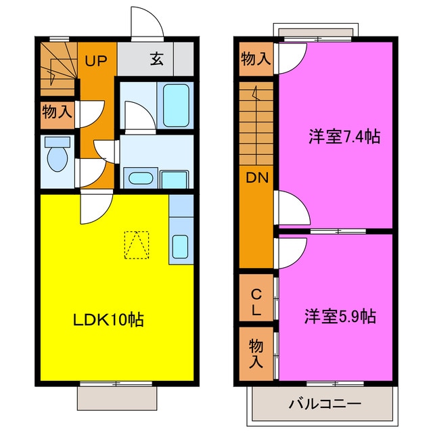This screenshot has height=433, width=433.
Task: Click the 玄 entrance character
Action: (x=156, y=60)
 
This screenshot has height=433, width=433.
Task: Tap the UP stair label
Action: (x=97, y=60)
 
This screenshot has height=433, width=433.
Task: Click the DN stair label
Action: (x=256, y=178)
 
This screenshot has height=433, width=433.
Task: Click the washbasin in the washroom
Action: (x=140, y=179)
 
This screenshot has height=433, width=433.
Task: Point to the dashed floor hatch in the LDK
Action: (x=137, y=244)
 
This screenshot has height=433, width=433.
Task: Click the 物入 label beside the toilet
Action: (x=57, y=111)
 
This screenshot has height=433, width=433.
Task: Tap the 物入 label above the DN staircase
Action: (x=256, y=60)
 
